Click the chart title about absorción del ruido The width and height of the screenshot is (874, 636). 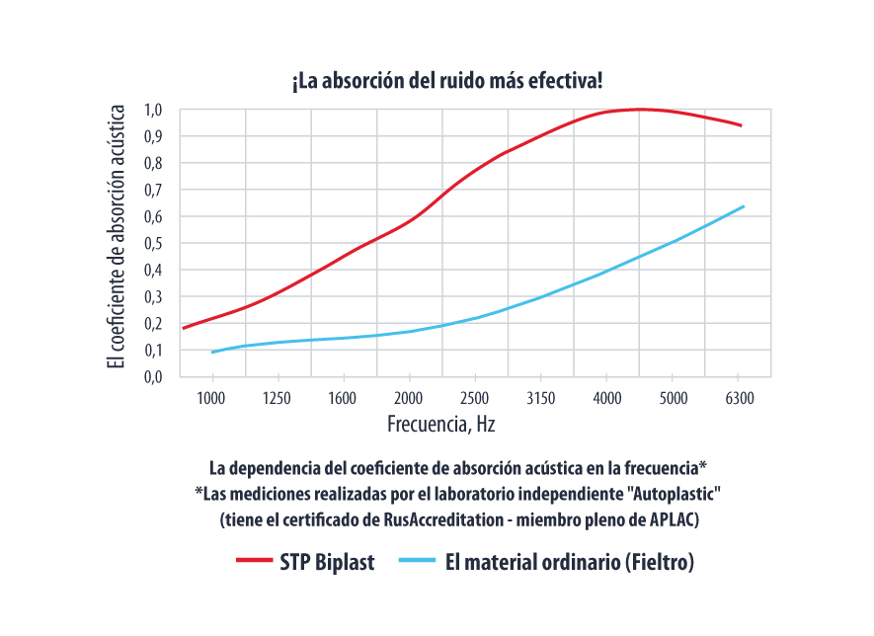pos(446,82)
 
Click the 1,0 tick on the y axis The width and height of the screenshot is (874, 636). pos(154,110)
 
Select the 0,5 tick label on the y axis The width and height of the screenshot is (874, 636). pos(154,243)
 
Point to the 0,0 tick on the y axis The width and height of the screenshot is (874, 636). pos(154,376)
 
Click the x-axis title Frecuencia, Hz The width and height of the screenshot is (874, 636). pos(439,426)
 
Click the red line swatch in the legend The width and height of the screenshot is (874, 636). pos(254,562)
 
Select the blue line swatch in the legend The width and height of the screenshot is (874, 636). pos(416,562)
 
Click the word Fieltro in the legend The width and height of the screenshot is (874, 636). pos(656,563)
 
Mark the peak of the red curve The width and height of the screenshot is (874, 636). pos(641,109)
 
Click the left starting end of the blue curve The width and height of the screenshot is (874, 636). pos(212,352)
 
